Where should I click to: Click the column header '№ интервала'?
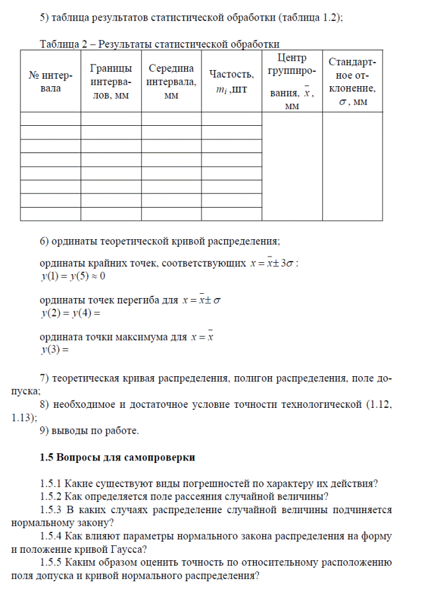coord(50,82)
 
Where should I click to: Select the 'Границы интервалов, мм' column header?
coord(110,82)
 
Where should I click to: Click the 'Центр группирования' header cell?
coord(291,82)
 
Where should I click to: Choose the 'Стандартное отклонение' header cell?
coord(352,82)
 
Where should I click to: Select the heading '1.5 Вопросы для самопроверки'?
coord(117,458)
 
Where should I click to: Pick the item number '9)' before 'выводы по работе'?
coord(44,430)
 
